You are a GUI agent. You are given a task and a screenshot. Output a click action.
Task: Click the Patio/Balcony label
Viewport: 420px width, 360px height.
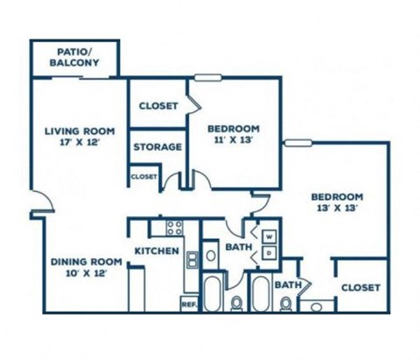click(x=74, y=57)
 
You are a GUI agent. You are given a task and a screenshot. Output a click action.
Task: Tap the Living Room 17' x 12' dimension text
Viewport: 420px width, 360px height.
click(x=80, y=143)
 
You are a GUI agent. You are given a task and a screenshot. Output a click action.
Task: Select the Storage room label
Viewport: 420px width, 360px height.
click(x=157, y=146)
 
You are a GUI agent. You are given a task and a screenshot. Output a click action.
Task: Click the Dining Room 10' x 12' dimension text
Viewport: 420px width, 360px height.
click(x=87, y=273)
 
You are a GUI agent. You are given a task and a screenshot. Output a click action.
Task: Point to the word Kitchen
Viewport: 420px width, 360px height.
click(x=157, y=251)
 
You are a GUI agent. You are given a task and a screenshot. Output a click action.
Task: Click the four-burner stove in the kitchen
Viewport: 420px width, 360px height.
click(x=174, y=228)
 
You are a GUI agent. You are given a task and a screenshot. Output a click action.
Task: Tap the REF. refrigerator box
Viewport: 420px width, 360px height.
click(x=189, y=304)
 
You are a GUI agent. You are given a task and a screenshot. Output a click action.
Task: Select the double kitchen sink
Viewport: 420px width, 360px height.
click(x=192, y=259)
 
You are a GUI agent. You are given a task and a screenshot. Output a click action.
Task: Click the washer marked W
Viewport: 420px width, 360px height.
click(x=269, y=236)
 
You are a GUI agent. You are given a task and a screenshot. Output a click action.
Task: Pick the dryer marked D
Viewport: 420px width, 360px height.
click(x=269, y=253)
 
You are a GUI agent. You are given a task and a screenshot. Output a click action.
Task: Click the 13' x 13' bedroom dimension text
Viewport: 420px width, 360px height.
click(x=337, y=208)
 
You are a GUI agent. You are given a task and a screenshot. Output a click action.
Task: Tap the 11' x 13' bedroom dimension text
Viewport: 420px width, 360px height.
click(x=234, y=140)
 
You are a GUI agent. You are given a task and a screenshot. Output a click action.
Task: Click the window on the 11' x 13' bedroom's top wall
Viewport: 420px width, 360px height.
click(x=207, y=78)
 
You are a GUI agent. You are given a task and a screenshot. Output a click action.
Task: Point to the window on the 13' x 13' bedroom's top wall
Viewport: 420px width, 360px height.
click(x=298, y=143)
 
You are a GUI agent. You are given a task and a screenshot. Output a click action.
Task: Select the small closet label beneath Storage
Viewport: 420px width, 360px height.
click(x=144, y=177)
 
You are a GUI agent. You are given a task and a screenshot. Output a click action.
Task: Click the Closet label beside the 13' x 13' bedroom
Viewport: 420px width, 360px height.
click(x=360, y=287)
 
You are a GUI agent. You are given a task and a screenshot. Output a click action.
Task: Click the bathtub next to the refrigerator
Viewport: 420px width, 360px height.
click(x=212, y=293)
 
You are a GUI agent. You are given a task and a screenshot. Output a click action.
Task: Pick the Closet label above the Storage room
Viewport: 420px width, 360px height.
click(x=158, y=106)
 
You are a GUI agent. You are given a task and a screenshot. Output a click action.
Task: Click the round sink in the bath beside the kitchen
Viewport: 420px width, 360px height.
click(x=211, y=256)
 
